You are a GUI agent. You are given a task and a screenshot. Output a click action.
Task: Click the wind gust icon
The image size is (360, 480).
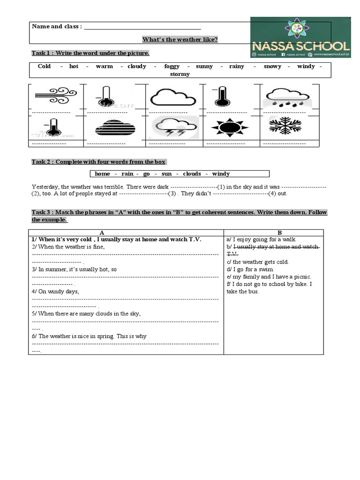tap(56, 96)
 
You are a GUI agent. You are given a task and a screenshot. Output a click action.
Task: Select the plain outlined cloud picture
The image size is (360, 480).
tap(172, 97)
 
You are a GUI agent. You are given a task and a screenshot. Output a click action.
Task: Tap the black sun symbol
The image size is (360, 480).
tap(229, 127)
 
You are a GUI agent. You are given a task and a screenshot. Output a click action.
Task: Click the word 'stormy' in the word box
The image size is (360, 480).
tap(180, 74)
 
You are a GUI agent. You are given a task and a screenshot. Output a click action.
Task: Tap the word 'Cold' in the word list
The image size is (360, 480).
tap(44, 67)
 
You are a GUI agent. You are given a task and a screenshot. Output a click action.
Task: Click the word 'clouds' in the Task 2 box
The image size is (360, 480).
tap(192, 174)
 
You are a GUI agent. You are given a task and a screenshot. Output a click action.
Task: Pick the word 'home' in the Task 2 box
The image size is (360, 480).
tap(102, 174)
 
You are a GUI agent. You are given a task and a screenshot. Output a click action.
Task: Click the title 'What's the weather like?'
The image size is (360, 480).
tap(180, 39)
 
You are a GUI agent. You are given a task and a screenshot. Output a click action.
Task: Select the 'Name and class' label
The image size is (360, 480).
tap(57, 26)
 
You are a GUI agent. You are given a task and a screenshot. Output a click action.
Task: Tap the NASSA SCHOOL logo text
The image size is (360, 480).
tap(301, 46)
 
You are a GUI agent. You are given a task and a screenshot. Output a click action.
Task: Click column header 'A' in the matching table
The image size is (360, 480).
tap(102, 232)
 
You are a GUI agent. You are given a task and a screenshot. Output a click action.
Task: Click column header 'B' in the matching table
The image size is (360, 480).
tap(280, 232)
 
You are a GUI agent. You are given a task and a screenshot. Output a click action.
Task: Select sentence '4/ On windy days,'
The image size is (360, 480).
tap(56, 291)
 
